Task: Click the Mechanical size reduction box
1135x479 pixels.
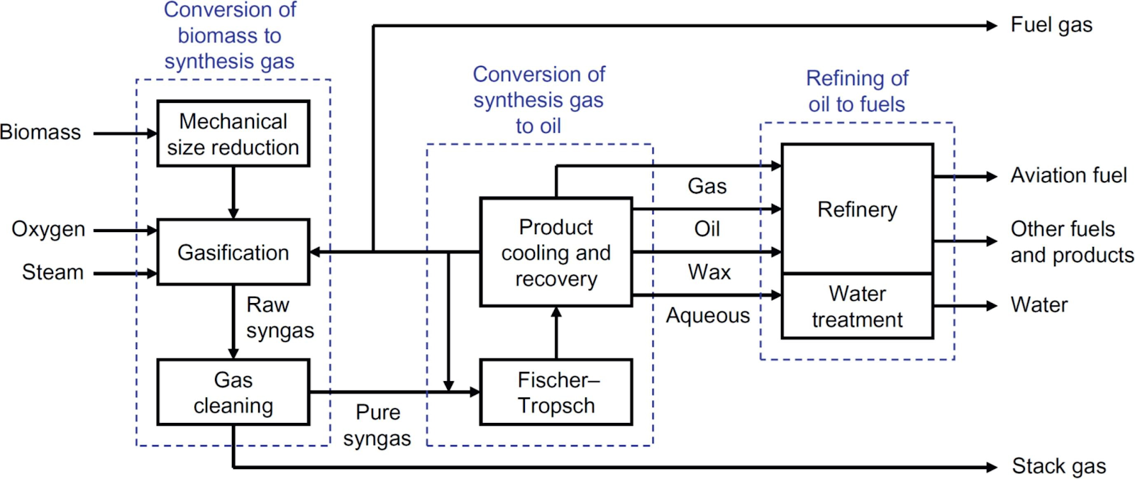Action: [233, 133]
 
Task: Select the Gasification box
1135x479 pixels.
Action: [233, 252]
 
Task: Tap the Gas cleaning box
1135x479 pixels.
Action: [233, 392]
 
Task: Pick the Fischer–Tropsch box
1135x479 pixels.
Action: [555, 392]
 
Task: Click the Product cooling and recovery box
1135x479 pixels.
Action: [555, 252]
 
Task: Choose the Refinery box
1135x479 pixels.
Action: [857, 209]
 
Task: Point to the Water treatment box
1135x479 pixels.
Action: [857, 306]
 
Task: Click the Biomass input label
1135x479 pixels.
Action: [40, 133]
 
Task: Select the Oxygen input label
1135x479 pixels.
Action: [48, 229]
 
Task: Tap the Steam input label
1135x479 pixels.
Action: [52, 272]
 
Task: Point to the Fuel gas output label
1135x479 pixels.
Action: [1051, 26]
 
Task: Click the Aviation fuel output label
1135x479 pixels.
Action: [1068, 175]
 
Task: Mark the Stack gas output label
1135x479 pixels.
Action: [1058, 466]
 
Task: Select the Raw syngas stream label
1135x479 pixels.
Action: [279, 317]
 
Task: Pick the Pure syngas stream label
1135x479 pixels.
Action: [377, 425]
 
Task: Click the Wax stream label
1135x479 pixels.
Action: [709, 272]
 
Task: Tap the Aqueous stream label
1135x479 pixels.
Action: [707, 315]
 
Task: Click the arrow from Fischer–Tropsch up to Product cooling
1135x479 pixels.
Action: [556, 334]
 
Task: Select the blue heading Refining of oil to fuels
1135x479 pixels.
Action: [857, 92]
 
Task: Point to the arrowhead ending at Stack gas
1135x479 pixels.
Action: [992, 467]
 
